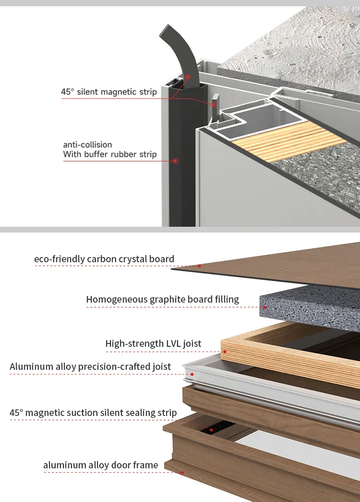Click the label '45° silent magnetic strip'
(x=109, y=91)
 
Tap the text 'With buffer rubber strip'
(x=110, y=154)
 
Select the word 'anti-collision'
(x=87, y=144)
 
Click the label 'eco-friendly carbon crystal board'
(x=104, y=259)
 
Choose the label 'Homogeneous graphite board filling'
(x=162, y=299)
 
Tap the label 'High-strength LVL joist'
(x=153, y=343)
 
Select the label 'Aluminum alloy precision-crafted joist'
(x=90, y=367)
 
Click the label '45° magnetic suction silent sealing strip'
(x=93, y=412)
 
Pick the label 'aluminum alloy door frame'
(x=100, y=465)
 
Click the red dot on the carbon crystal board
(x=199, y=265)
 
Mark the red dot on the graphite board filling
(x=265, y=306)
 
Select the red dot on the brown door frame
(x=182, y=472)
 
